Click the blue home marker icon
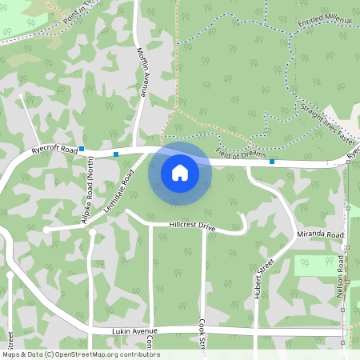click(180, 172)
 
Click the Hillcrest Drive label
click(193, 226)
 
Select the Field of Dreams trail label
click(239, 154)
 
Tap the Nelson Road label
click(341, 277)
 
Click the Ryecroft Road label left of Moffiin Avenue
click(54, 150)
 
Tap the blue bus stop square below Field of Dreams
click(272, 162)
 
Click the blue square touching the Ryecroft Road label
click(82, 149)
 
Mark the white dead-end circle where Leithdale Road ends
click(46, 230)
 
